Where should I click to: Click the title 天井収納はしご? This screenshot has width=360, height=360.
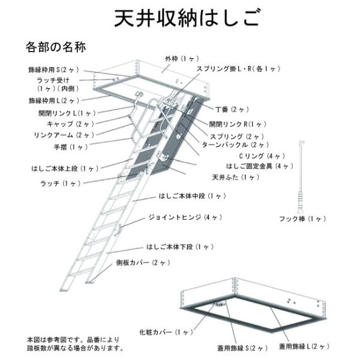(x=179, y=18)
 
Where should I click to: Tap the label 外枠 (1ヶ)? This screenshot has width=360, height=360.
(x=181, y=59)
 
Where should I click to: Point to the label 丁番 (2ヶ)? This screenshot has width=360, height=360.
(x=232, y=110)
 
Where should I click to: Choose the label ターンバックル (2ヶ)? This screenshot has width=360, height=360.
(x=235, y=145)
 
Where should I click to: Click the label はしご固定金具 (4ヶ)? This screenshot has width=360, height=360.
(x=260, y=166)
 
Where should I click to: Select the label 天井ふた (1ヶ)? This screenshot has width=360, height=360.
(x=236, y=178)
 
